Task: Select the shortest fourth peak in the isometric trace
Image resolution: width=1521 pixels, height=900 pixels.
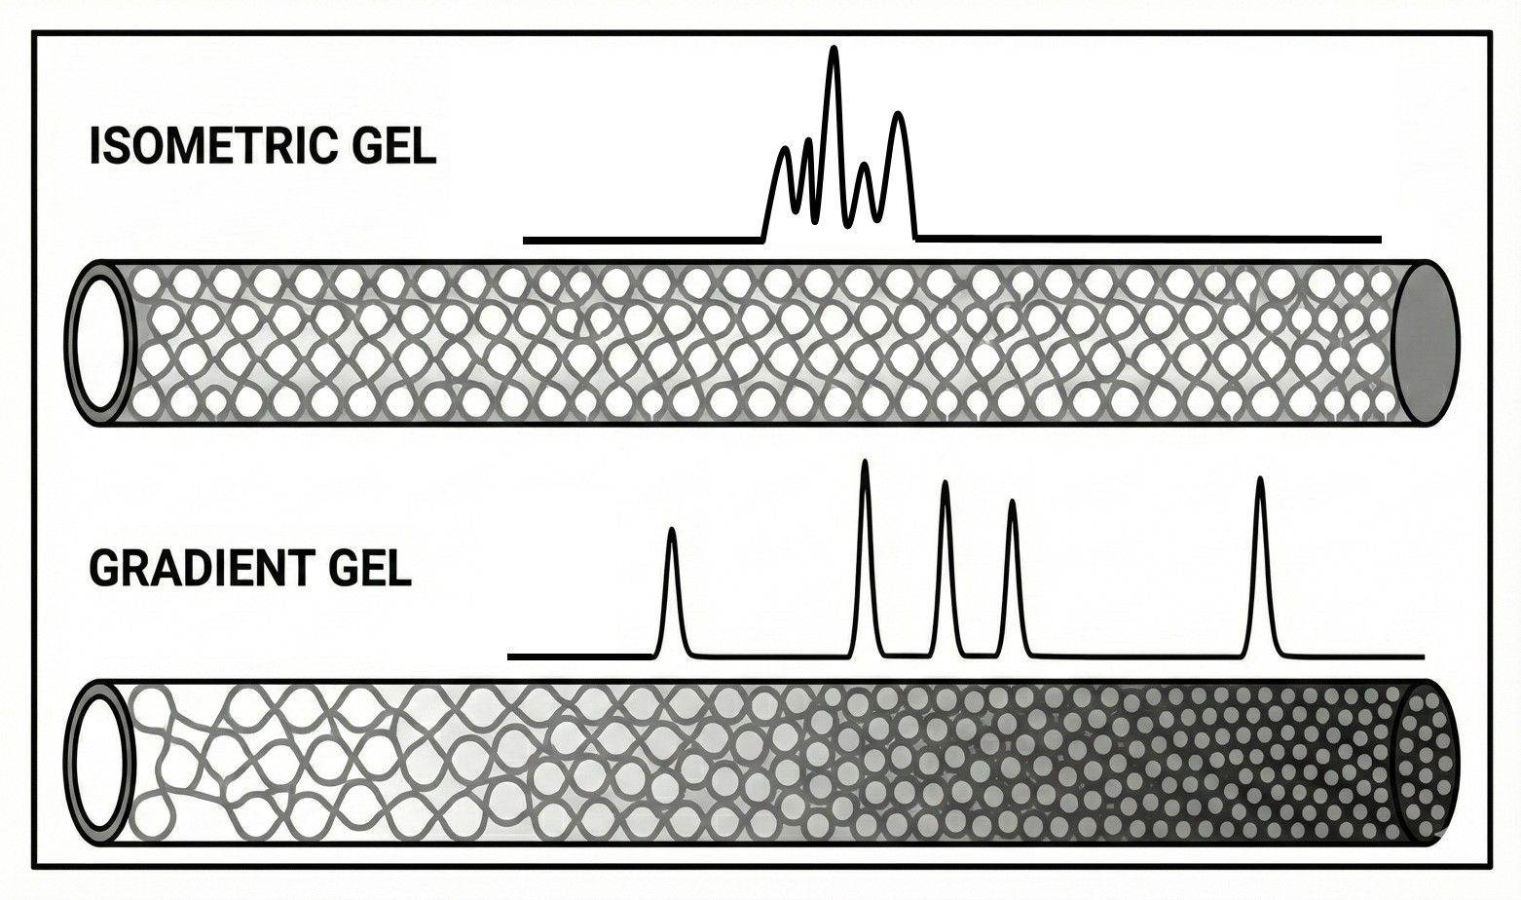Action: [x=864, y=169]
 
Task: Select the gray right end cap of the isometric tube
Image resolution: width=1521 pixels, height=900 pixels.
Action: [x=1426, y=343]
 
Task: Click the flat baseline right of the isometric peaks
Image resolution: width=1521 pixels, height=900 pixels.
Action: [x=1149, y=238]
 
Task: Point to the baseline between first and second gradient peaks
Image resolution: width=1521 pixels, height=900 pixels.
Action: [x=769, y=656]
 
